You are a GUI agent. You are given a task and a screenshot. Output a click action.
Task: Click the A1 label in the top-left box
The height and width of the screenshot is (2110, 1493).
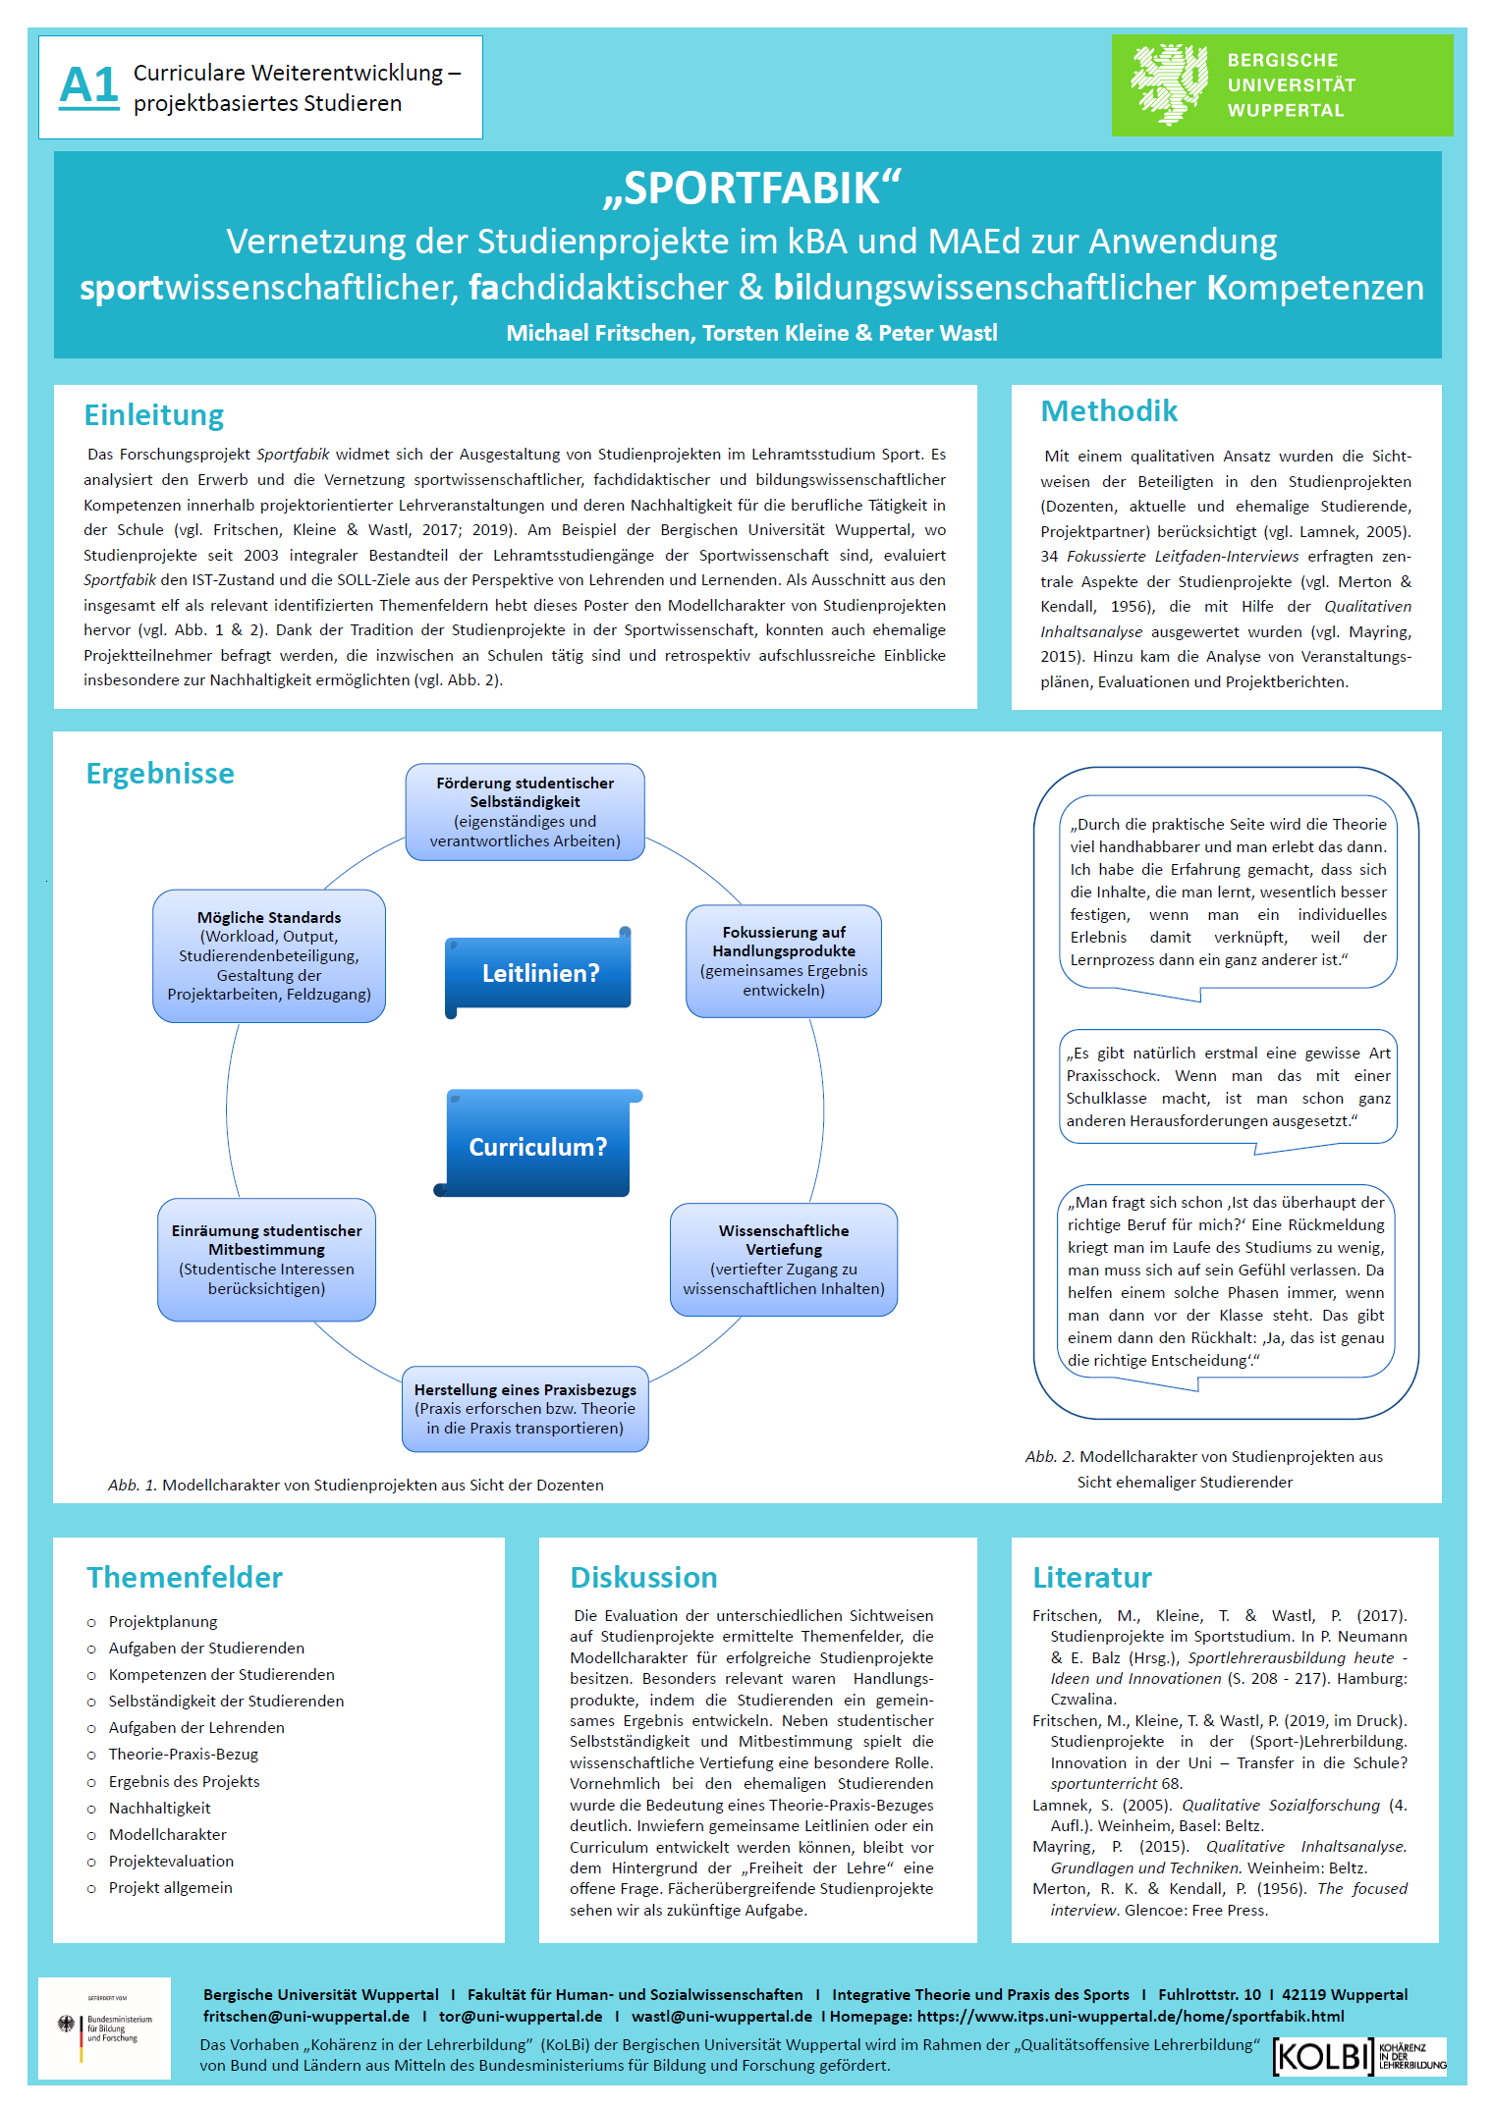pos(88,85)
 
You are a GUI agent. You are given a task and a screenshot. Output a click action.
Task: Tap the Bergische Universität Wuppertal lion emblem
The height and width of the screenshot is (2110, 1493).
pos(1169,84)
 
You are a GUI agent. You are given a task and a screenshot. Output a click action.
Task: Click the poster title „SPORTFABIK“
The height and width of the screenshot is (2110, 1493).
pos(752,189)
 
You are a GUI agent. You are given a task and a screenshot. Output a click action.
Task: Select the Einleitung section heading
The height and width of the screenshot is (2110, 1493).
pos(154,415)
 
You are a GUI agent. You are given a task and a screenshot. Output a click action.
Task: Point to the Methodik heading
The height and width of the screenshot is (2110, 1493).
pos(1109,411)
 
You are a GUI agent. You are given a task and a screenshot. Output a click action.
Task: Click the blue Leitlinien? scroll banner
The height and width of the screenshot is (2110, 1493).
pos(538,972)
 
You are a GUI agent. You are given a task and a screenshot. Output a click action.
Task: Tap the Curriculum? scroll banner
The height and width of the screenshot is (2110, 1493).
pos(537,1144)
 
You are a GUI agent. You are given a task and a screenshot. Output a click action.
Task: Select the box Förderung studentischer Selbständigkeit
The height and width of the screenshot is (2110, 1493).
pos(525,812)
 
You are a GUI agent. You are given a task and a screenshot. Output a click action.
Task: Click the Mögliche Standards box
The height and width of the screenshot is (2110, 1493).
pos(269,956)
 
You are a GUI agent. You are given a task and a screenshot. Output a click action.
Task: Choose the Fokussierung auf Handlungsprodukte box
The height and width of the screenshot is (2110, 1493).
pos(784,961)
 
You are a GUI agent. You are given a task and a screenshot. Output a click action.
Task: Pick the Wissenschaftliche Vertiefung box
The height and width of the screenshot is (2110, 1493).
pos(784,1260)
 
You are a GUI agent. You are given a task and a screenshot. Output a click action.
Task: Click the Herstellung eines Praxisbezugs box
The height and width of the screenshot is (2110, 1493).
pos(525,1409)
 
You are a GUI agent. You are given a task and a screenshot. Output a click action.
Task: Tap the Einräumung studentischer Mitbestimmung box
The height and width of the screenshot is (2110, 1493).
pos(267,1260)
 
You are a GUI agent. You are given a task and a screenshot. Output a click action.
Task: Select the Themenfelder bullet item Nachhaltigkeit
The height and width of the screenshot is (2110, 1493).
pos(159,1809)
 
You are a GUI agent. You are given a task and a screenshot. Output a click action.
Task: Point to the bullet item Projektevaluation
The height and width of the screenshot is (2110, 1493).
pos(171,1862)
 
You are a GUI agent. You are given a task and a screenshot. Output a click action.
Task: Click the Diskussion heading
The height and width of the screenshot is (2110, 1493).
pos(643,1578)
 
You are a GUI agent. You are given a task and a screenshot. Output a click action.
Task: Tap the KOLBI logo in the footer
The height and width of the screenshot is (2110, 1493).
pos(1359,2056)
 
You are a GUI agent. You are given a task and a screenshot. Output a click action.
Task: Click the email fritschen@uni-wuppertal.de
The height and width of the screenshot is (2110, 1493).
pos(306,2017)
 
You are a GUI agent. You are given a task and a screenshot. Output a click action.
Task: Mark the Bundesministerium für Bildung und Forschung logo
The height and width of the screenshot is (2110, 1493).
pos(105,2028)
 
